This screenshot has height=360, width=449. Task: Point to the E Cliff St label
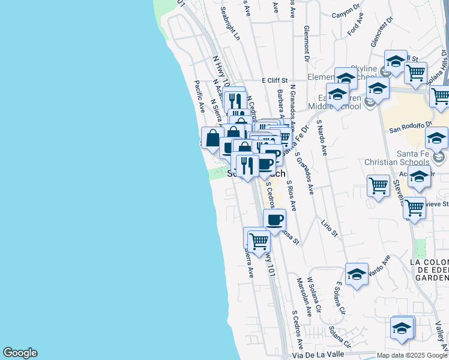point(275,80)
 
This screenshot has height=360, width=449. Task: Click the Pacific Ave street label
point(200,97)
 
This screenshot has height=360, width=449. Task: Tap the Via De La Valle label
point(322,354)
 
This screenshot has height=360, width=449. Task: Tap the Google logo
point(20,353)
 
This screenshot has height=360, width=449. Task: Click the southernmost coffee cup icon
point(274,219)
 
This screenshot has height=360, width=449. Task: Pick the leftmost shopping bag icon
point(212,138)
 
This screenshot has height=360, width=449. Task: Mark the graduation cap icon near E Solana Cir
point(357,275)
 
